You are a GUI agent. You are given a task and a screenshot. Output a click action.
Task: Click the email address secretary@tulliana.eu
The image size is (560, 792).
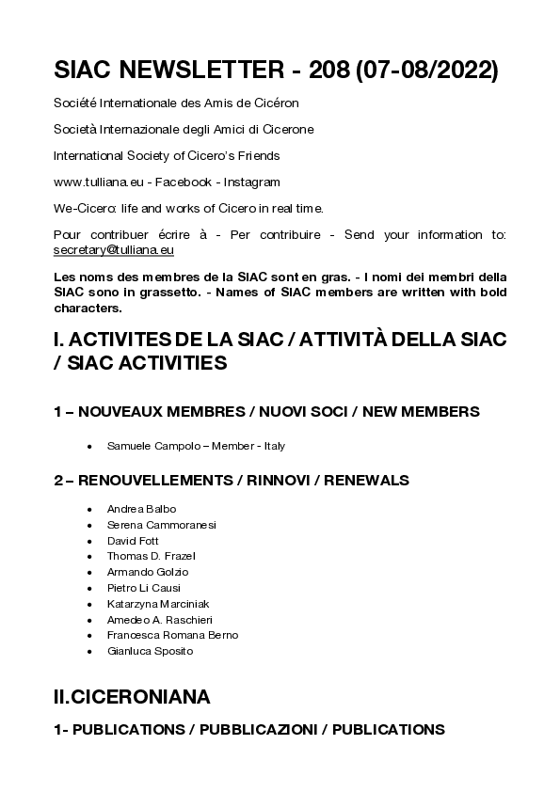coord(114,251)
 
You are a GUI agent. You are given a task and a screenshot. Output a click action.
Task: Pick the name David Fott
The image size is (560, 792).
coord(133,541)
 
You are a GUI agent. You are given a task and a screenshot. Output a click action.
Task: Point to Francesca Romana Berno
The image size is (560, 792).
coord(172,635)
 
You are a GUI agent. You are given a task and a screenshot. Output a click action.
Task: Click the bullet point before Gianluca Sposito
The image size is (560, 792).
coord(88,651)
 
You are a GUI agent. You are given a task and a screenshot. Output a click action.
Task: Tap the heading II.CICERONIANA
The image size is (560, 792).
coord(132,696)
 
